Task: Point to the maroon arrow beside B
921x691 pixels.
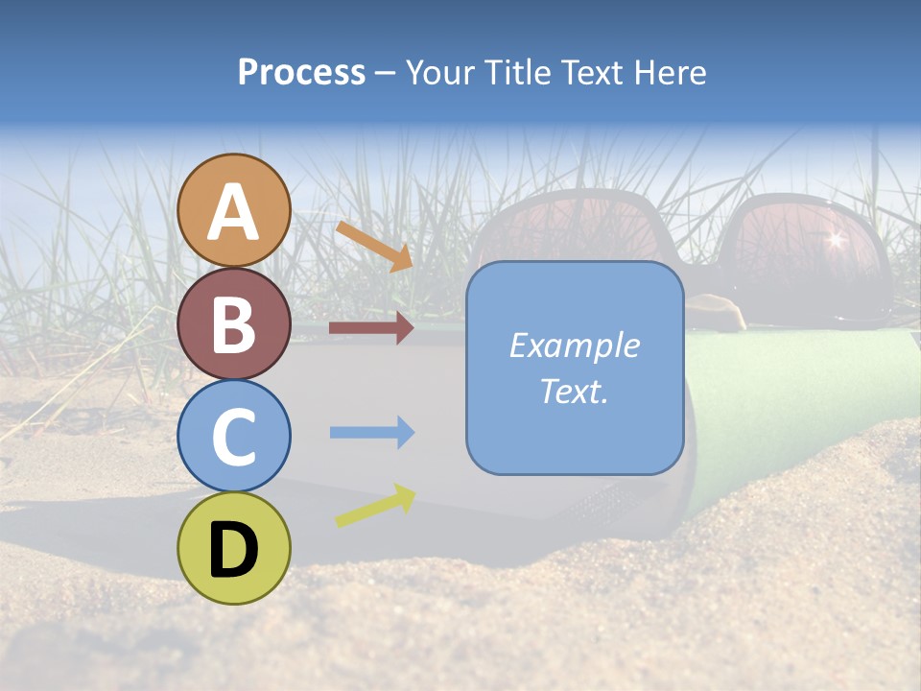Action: coord(370,328)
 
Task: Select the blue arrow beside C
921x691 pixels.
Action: coord(371,433)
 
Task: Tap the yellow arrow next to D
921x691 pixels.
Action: coord(375,506)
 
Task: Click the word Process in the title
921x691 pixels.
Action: coord(301,72)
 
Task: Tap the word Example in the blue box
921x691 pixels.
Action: coord(574,345)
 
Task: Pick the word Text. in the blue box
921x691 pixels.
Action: coord(574,391)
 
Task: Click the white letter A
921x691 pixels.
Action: coord(233,211)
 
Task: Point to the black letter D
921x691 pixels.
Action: coord(233,551)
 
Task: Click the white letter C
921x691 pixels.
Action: coord(233,437)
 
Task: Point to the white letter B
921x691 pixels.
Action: coord(233,323)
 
